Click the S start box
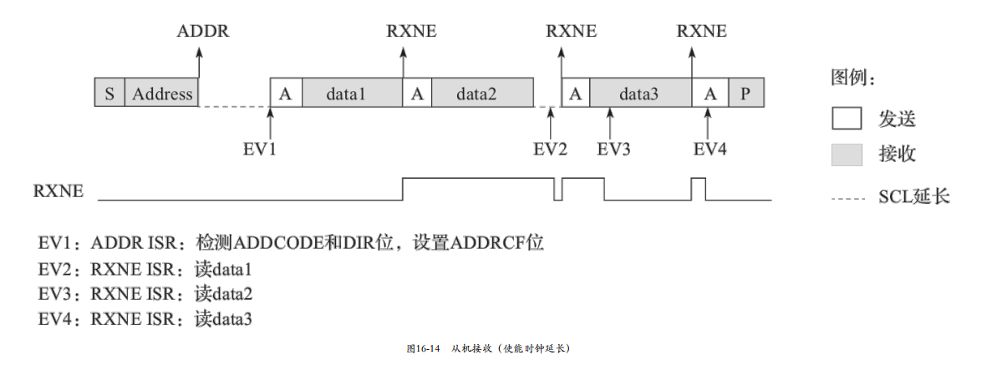click(109, 94)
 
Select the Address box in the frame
click(162, 94)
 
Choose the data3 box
click(639, 94)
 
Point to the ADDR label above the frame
click(202, 33)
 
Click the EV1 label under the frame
click(260, 150)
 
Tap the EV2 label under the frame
click(550, 150)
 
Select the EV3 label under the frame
click(613, 150)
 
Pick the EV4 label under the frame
click(710, 150)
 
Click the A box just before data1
click(286, 94)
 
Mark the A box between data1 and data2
click(416, 94)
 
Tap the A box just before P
click(710, 94)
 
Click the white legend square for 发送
click(847, 119)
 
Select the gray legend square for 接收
click(847, 155)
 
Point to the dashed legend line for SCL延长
click(847, 198)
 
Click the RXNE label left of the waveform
click(59, 191)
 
